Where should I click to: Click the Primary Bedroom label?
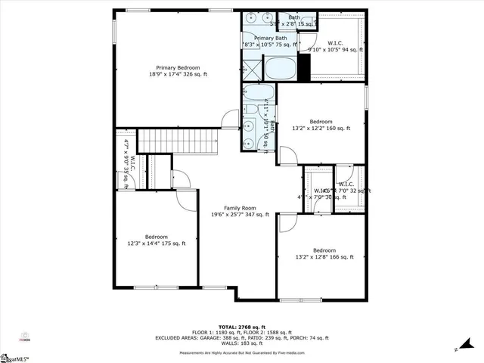(178, 67)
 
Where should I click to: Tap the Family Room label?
(240, 207)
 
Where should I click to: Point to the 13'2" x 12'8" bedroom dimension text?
(324, 257)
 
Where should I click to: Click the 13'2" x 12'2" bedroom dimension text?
(321, 129)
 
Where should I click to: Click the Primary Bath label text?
(270, 38)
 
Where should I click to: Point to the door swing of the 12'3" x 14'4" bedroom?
(185, 197)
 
